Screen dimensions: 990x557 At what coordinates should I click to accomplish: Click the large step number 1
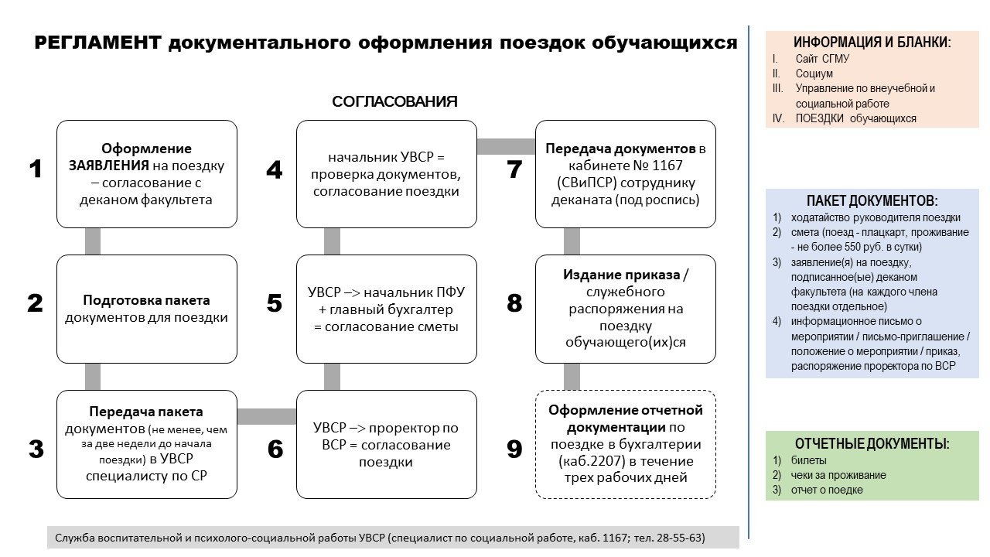coord(36,169)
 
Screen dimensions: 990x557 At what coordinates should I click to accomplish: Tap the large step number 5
coord(275,303)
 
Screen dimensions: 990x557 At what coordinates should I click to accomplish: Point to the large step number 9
coord(514,449)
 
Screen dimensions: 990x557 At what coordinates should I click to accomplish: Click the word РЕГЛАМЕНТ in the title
coord(97,43)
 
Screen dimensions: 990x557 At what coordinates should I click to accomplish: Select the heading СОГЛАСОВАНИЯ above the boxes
coord(394,101)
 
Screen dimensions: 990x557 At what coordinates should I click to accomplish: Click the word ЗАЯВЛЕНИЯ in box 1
coord(109,166)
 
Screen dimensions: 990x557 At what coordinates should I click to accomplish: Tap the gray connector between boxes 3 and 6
coord(267,416)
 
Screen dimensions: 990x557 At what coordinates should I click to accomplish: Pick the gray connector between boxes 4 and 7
coord(506,146)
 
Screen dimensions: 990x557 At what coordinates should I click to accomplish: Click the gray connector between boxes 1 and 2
coord(92,241)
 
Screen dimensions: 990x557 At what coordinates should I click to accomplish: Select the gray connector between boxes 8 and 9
coord(572,377)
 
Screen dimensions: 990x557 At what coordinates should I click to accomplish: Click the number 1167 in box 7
coord(667,166)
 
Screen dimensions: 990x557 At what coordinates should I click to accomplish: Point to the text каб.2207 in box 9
coord(592,462)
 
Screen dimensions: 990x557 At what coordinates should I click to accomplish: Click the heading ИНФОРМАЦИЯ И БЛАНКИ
coord(872,43)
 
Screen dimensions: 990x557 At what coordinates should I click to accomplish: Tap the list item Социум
coord(814,73)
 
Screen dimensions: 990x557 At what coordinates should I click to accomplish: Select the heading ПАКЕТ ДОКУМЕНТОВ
coord(872,200)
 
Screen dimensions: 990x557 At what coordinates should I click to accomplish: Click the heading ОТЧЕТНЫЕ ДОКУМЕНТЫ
coord(872,443)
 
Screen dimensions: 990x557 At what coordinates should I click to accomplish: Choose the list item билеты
coord(808,460)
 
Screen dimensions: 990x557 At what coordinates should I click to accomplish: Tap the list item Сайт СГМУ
coord(822,59)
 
